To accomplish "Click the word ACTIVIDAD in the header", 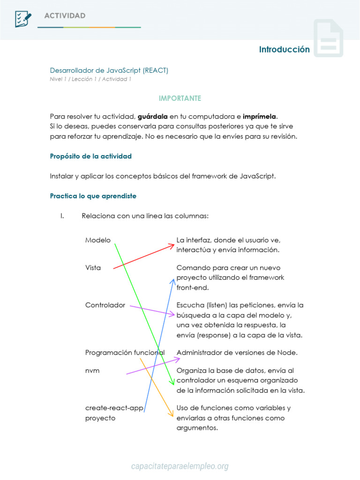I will pyautogui.click(x=65, y=16).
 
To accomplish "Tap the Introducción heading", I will pyautogui.click(x=284, y=49).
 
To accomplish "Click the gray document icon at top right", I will pyautogui.click(x=328, y=38).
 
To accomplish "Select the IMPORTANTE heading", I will pyautogui.click(x=180, y=98).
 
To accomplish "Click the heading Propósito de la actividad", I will pyautogui.click(x=90, y=156).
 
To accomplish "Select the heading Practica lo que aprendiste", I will pyautogui.click(x=93, y=196).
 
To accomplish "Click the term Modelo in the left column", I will pyautogui.click(x=97, y=240).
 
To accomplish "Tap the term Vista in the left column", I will pyautogui.click(x=93, y=268).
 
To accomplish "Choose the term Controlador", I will pyautogui.click(x=105, y=305).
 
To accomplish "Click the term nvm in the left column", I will pyautogui.click(x=92, y=370).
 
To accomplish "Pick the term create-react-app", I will pyautogui.click(x=114, y=408).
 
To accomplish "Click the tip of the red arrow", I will pyautogui.click(x=174, y=244).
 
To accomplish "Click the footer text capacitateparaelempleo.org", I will pyautogui.click(x=180, y=466).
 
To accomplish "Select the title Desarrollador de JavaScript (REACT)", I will pyautogui.click(x=109, y=70).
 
